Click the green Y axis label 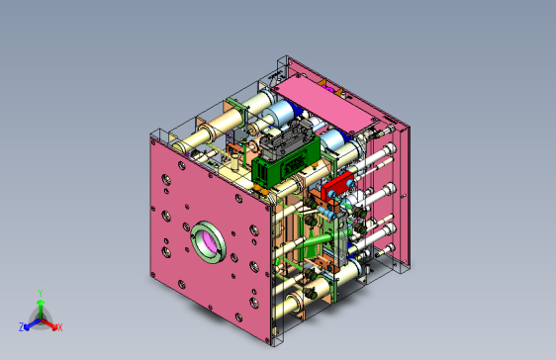point(41,294)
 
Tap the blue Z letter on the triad point(22,327)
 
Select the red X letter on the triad point(60,327)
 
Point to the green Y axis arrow point(41,309)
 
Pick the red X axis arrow point(48,323)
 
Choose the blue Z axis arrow point(33,323)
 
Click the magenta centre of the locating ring point(210,242)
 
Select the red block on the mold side point(337,185)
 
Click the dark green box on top point(286,166)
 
